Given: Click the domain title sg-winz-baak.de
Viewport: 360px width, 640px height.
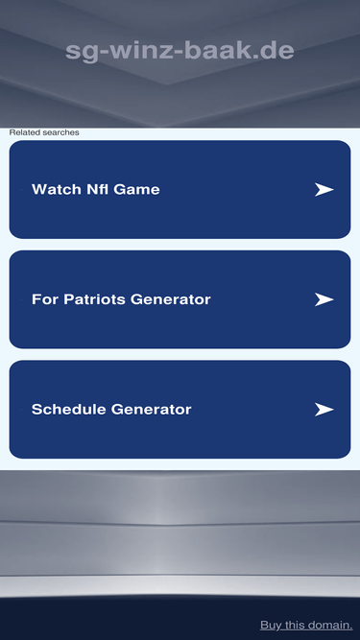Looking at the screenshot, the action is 180,51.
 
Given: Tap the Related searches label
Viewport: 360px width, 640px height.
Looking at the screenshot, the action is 44,132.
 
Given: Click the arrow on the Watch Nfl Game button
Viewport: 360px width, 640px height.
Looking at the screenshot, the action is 324,189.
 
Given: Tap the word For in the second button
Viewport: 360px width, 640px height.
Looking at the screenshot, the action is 45,299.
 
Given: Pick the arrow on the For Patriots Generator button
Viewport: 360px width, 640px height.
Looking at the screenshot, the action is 324,299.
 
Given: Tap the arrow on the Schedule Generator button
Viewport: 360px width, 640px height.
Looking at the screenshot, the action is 324,409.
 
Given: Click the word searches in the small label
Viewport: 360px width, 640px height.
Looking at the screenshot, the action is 61,132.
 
